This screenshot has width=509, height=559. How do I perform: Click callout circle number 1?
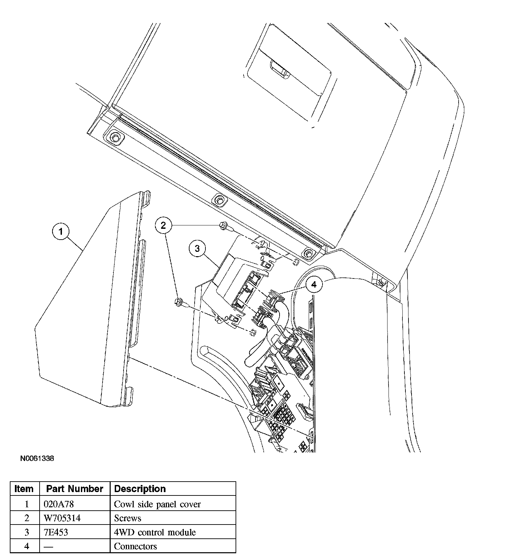coord(61,232)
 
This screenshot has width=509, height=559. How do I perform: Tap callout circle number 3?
coord(197,249)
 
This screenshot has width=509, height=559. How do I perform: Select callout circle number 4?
coord(314,285)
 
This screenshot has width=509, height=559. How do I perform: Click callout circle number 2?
coord(163,225)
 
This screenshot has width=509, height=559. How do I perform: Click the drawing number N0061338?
coord(37,459)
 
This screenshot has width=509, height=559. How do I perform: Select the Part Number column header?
coord(74,489)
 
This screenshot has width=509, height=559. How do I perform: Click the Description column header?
coord(140,489)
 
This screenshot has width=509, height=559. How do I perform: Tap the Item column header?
coord(24,489)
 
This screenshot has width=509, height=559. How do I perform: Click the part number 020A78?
coord(59,504)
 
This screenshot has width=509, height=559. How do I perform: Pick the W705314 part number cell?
coord(62,518)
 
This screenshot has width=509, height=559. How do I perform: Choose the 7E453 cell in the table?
coord(56,532)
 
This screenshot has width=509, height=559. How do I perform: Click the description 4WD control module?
coord(155,532)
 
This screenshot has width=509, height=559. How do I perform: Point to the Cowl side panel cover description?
coord(157,504)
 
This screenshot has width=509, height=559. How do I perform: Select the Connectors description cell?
coord(135,546)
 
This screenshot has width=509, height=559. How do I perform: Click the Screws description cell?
coord(128,518)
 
